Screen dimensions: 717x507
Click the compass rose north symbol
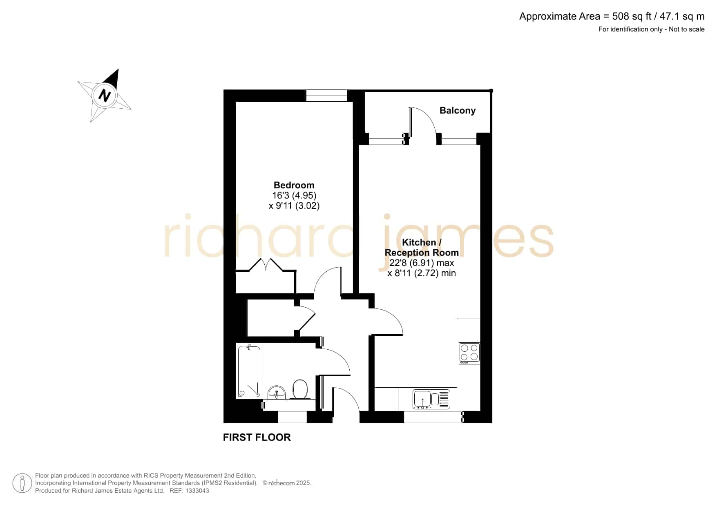point(105,95)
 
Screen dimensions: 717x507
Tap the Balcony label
point(458,110)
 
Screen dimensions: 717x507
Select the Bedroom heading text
point(294,185)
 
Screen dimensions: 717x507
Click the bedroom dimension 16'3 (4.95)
point(294,195)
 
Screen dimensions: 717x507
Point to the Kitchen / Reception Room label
point(422,247)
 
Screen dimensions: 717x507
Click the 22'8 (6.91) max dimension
point(422,263)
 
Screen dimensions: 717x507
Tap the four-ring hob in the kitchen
point(469,353)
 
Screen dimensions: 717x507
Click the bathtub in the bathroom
point(249,371)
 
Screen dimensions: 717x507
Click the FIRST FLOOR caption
point(257,437)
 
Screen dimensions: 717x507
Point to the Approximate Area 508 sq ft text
point(612,16)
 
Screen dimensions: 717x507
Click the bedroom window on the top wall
point(326,96)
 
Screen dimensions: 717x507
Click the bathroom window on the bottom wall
point(292,417)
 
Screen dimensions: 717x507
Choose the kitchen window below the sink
point(433,417)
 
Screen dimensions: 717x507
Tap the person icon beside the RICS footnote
point(22,483)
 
